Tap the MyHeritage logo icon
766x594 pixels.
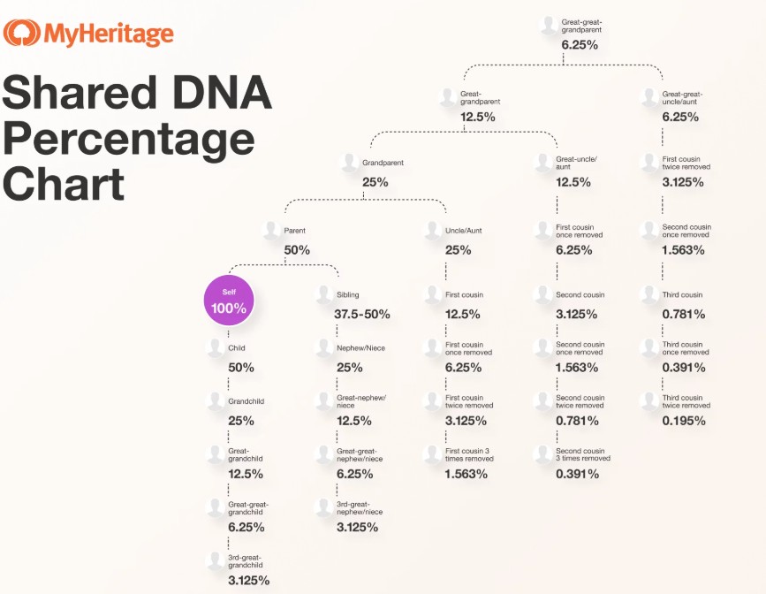coord(20,34)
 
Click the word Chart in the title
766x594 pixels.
coord(64,184)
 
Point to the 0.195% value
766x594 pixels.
coord(684,421)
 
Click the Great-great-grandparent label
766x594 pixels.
coord(582,25)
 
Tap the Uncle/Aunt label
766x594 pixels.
coord(465,231)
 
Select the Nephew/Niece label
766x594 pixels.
coord(360,348)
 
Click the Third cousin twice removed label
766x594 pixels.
coord(686,401)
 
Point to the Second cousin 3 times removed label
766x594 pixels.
coord(582,454)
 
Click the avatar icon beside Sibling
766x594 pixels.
coord(324,294)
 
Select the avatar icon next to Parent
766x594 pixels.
coord(271,231)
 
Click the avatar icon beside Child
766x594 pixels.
coord(216,348)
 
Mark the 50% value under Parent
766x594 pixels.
coord(297,250)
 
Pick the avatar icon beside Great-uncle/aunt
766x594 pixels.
coord(543,163)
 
